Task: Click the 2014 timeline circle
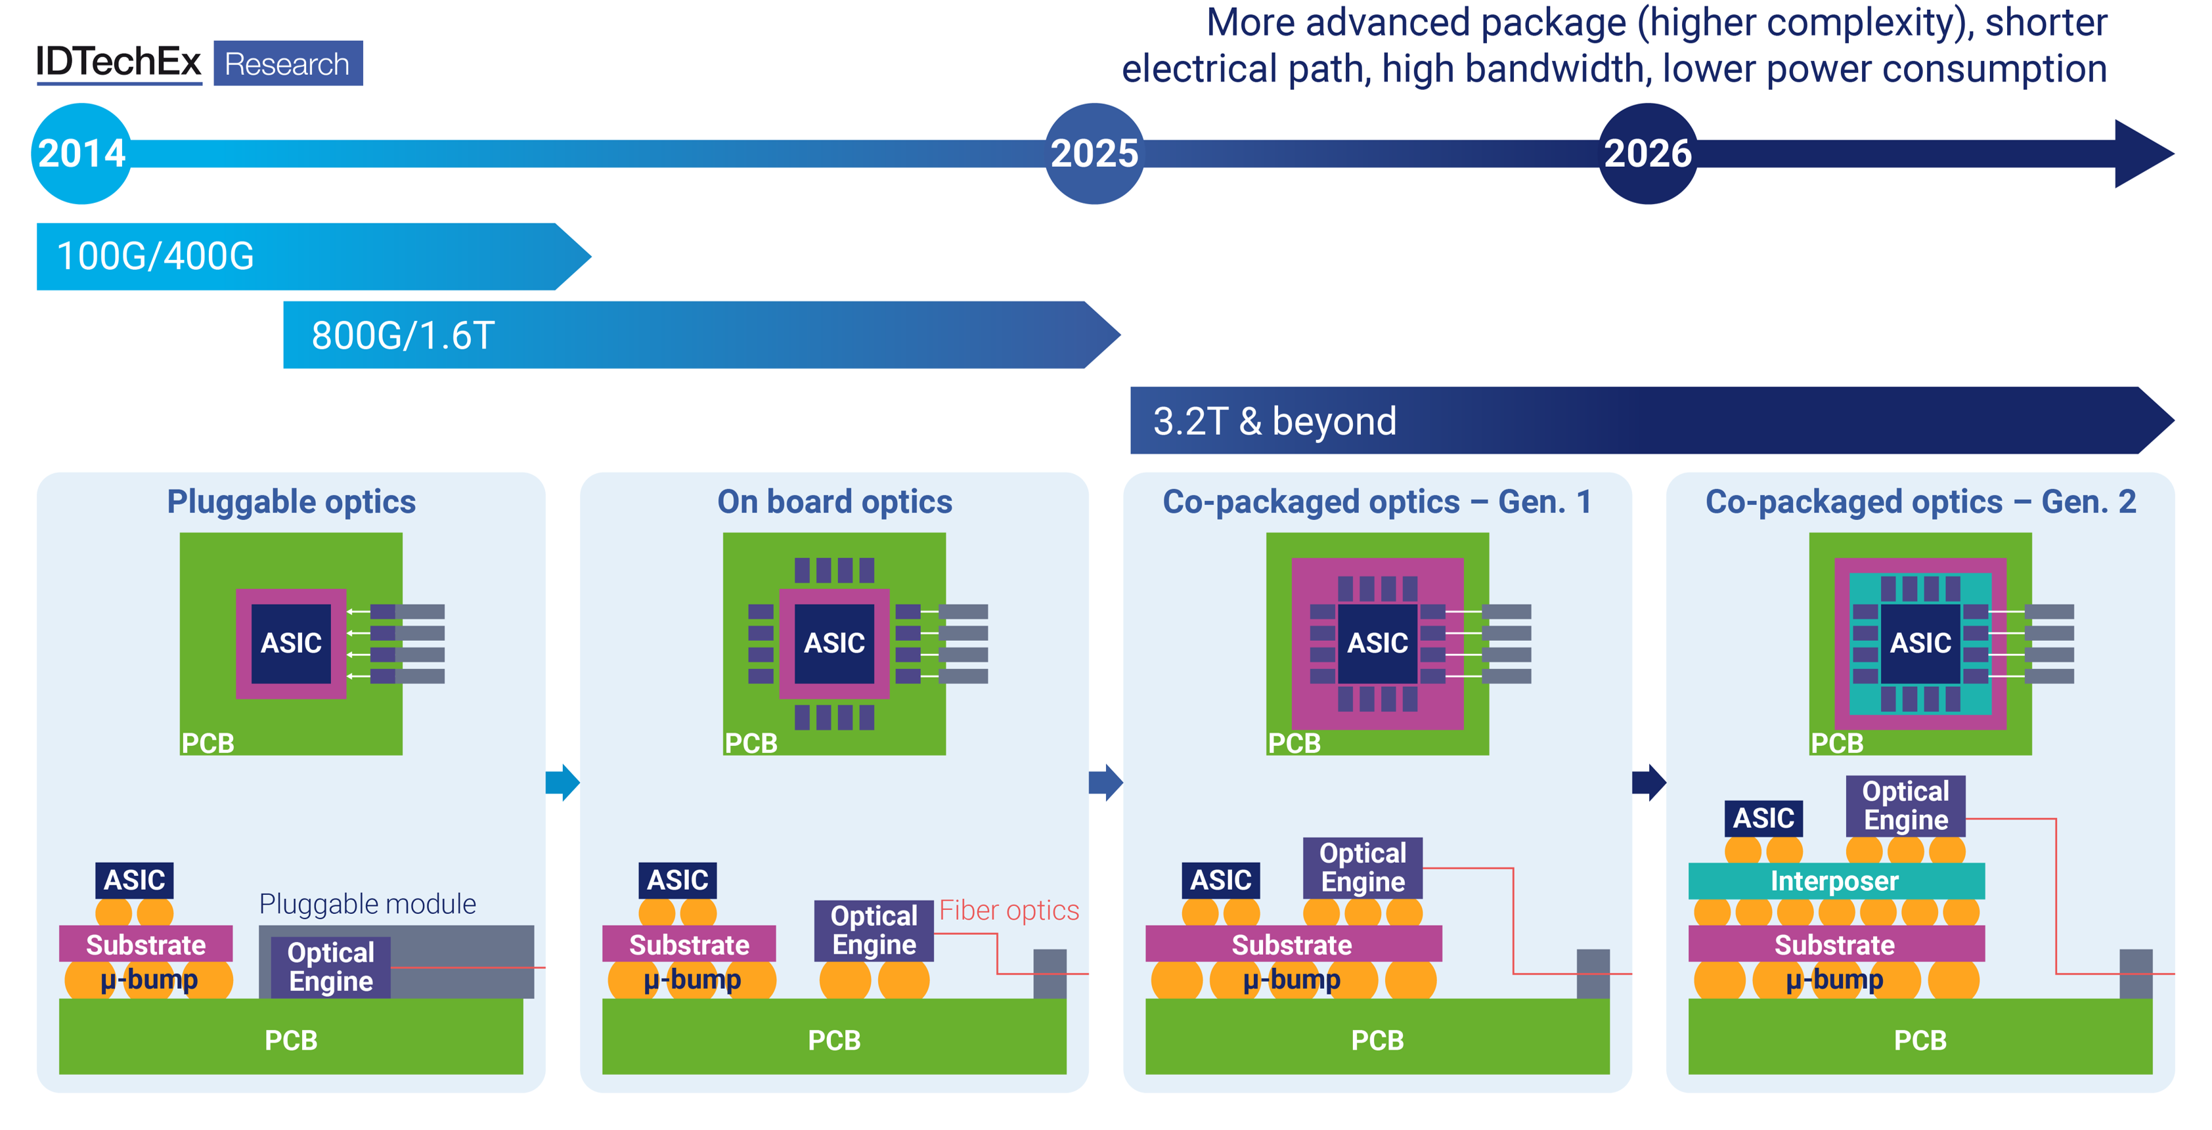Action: point(81,154)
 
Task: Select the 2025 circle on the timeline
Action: point(1094,154)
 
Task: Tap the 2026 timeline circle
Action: point(1647,154)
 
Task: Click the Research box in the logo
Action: point(288,64)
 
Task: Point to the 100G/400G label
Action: point(156,257)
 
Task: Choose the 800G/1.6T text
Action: point(403,336)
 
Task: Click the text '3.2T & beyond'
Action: point(1274,422)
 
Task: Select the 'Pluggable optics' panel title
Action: point(291,502)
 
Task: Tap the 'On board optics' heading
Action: point(835,502)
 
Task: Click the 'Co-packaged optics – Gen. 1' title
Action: point(1377,502)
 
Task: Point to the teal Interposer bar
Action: point(1836,881)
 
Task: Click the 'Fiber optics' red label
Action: point(1009,910)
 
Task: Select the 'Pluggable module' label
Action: point(368,904)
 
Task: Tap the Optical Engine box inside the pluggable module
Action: point(330,967)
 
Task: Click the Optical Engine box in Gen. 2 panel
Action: point(1905,806)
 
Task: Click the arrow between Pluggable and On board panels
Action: point(562,782)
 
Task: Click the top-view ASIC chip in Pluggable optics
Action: point(291,643)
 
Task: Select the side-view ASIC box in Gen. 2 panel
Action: point(1764,818)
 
